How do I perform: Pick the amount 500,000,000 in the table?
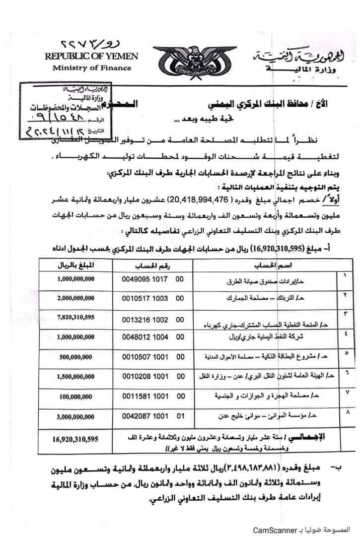75,356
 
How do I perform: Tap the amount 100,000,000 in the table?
75,397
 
